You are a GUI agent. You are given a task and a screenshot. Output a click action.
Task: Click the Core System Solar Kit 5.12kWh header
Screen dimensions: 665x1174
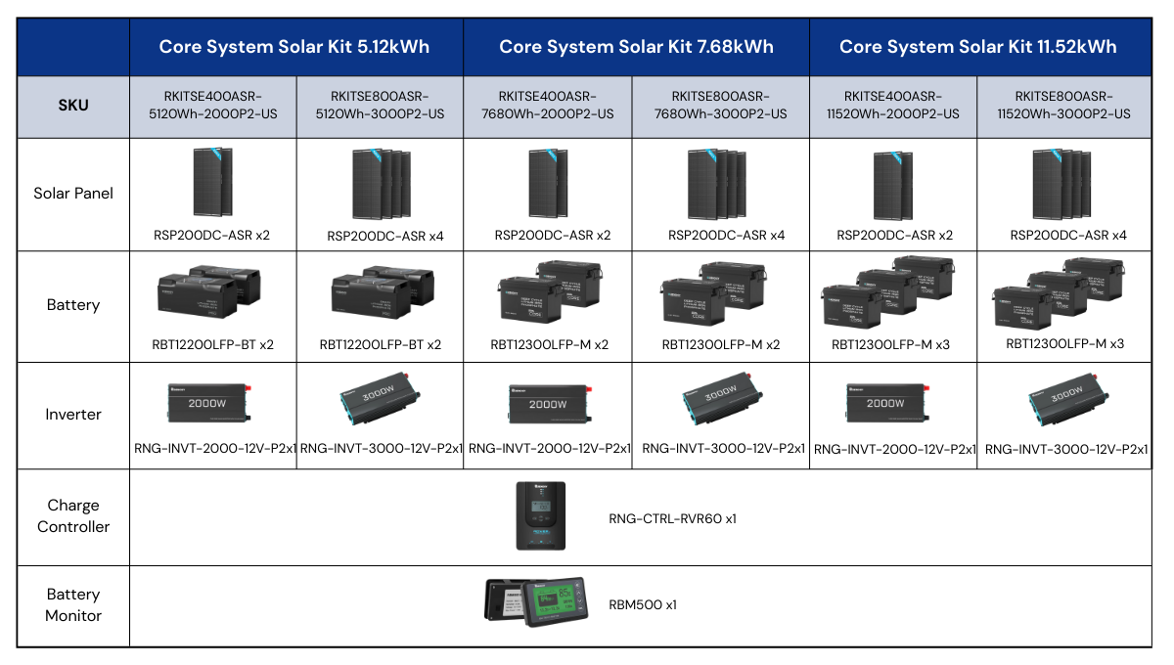point(294,46)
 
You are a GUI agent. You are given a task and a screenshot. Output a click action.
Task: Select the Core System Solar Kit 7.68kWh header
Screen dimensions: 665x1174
point(636,46)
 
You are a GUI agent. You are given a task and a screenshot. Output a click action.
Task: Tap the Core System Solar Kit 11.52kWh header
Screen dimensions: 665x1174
point(977,46)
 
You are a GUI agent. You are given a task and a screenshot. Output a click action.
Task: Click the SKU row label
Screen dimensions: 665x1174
point(73,105)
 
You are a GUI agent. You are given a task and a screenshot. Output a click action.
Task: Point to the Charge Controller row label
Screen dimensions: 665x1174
point(73,515)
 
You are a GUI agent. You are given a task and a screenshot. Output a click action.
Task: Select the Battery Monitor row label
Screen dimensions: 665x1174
point(73,604)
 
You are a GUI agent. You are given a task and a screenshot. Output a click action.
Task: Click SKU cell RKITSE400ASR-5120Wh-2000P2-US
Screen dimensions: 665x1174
point(213,105)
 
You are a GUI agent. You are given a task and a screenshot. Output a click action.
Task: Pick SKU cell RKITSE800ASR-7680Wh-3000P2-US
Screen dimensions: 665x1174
point(721,105)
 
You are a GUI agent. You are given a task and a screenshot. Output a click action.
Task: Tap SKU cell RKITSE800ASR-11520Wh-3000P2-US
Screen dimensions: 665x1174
point(1064,105)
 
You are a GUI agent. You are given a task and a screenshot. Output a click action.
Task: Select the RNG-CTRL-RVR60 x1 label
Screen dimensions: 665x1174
point(672,518)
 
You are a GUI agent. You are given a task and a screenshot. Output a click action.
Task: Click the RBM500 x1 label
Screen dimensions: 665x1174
point(643,605)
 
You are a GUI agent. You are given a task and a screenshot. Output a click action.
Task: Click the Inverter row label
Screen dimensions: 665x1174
point(73,415)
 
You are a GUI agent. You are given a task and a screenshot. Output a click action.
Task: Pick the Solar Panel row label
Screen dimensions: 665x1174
point(73,194)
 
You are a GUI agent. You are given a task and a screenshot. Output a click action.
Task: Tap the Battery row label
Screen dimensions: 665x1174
point(73,305)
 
